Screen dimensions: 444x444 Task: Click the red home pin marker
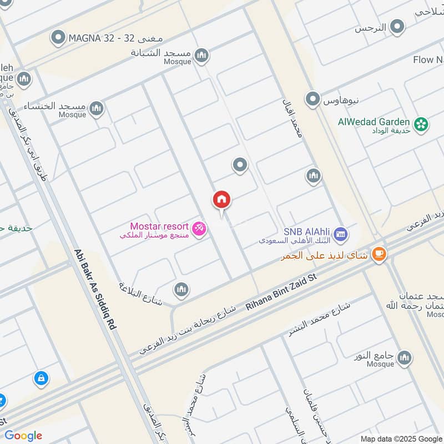(221, 200)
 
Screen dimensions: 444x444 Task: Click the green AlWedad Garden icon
(421, 125)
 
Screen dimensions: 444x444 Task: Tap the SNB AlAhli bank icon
(341, 234)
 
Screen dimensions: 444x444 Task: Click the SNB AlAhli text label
(307, 232)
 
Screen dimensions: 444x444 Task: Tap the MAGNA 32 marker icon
(58, 38)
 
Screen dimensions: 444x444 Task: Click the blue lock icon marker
(40, 379)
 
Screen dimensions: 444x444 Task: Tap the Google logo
(23, 436)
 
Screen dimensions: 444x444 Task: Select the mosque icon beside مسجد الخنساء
(97, 107)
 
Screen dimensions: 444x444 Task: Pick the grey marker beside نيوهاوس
(314, 100)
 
